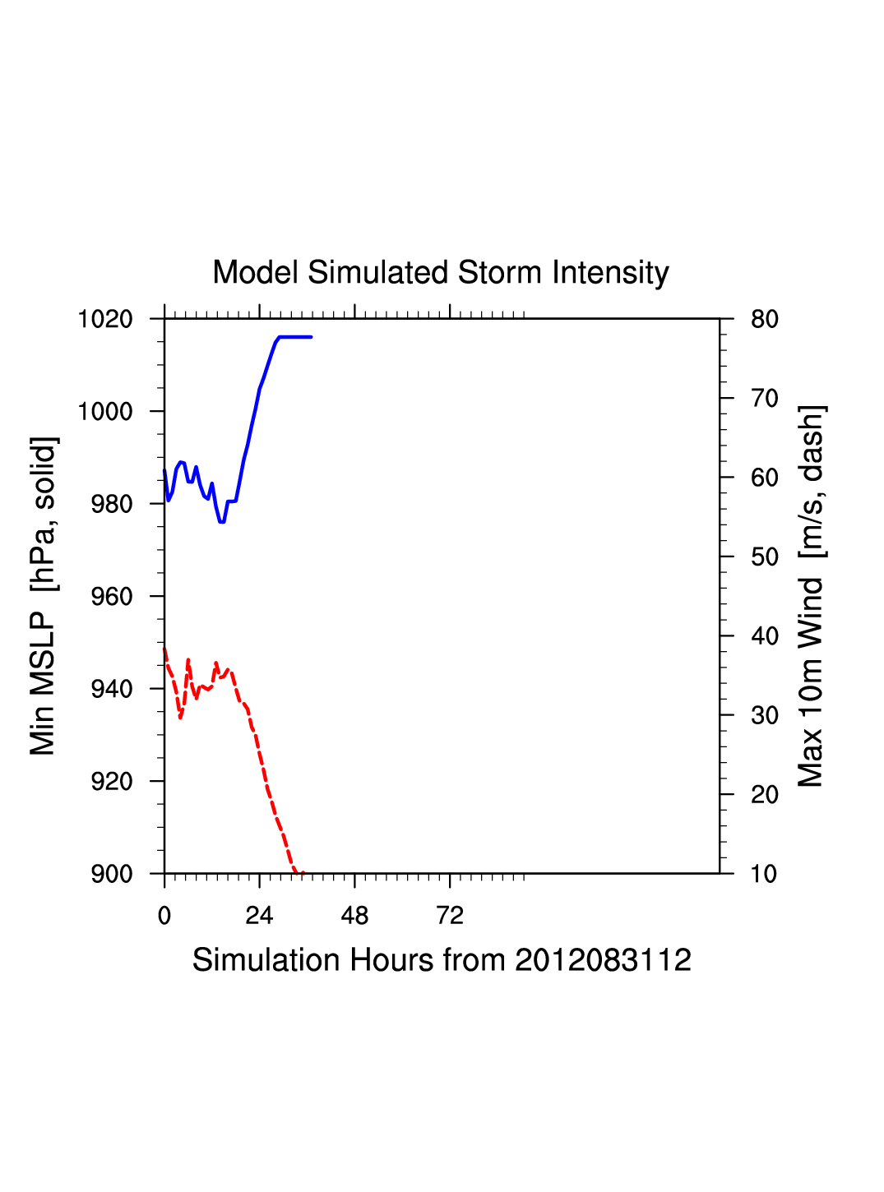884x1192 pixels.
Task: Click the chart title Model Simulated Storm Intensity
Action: pos(441,273)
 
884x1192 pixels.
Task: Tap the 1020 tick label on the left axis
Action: pos(105,319)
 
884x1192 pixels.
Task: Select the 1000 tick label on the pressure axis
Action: pos(105,411)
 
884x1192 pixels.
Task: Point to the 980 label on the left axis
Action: pos(111,504)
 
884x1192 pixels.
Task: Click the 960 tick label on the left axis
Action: pos(111,597)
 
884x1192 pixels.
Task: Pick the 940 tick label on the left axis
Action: pos(111,689)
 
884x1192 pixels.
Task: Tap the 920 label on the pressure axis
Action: pos(111,782)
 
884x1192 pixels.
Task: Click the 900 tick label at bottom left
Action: pos(111,874)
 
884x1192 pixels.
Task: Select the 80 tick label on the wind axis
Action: pos(764,319)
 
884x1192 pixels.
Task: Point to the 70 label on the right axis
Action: pos(764,399)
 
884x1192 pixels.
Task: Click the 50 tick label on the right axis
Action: pos(764,557)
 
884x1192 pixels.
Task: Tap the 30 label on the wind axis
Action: pos(764,716)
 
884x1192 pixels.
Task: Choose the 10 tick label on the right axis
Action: pos(764,874)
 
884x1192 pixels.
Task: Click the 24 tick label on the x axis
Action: pos(259,916)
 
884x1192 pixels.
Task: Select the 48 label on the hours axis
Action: pos(354,916)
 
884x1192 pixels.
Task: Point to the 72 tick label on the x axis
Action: pos(450,916)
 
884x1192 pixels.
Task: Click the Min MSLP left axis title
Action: pos(44,596)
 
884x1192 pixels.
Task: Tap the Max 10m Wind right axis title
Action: pos(812,596)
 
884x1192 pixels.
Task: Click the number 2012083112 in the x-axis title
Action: pos(603,960)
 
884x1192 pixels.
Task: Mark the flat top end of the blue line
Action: pos(310,337)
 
